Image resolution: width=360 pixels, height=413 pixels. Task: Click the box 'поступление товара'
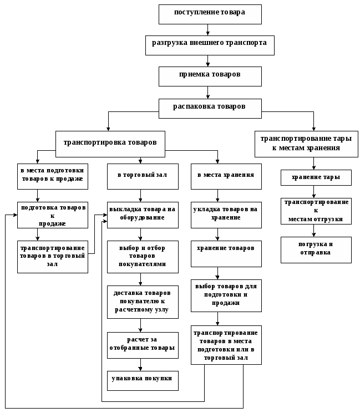(x=210, y=14)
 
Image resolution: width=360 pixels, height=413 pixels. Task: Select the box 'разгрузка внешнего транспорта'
(x=210, y=45)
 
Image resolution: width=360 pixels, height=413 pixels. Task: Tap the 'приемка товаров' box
(x=210, y=76)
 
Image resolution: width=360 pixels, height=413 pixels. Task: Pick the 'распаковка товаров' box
(x=210, y=108)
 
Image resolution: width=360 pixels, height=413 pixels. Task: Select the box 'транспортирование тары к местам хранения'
(x=306, y=144)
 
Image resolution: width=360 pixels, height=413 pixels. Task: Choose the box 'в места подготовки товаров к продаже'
(x=52, y=177)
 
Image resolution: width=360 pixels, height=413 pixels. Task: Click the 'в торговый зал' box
(x=143, y=177)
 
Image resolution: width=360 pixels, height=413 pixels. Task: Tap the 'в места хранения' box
(x=226, y=177)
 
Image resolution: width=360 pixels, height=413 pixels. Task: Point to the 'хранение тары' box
(x=316, y=177)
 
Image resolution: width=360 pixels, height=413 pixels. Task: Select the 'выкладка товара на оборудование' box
(x=143, y=215)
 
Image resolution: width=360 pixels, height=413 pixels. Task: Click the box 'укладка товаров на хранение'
(x=226, y=215)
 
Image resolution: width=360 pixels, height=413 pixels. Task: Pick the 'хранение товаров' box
(x=226, y=253)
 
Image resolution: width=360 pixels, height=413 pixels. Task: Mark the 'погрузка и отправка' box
(x=316, y=249)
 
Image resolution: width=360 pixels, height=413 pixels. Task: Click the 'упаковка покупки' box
(x=143, y=380)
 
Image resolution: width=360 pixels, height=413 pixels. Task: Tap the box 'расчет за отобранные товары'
(x=143, y=345)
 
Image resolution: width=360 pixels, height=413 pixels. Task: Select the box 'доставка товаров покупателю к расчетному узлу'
(x=143, y=302)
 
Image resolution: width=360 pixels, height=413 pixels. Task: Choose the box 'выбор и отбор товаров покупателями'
(x=143, y=257)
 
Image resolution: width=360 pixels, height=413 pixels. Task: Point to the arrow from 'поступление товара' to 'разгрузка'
(x=207, y=30)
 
